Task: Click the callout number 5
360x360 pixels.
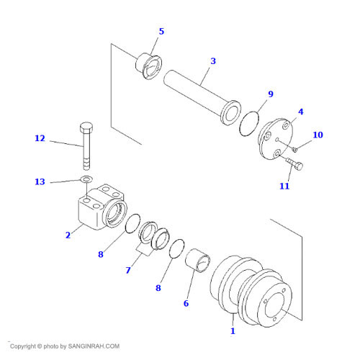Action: tap(161, 32)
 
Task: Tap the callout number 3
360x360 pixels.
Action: tap(213, 61)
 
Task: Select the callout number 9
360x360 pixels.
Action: tap(271, 94)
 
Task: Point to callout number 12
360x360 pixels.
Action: tap(40, 138)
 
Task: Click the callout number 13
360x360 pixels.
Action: tap(40, 181)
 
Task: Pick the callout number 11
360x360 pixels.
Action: tap(284, 186)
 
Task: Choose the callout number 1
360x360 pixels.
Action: tap(233, 331)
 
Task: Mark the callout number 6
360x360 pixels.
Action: tap(186, 303)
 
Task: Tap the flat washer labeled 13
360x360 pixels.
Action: tap(86, 179)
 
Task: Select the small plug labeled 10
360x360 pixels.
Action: tap(295, 150)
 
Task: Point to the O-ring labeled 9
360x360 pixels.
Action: tap(249, 123)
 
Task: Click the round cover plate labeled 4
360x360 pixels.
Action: tap(275, 139)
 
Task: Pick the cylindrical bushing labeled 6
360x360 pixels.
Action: tap(198, 261)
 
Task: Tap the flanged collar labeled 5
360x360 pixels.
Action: tap(149, 66)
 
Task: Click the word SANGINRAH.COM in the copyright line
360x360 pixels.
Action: tap(94, 346)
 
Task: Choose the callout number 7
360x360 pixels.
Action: tap(128, 271)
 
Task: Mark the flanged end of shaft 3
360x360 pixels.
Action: tap(231, 112)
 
